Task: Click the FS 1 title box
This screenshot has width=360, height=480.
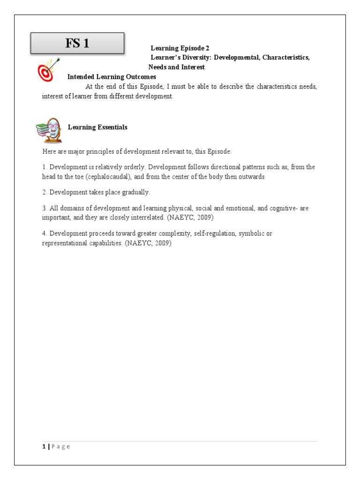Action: click(77, 44)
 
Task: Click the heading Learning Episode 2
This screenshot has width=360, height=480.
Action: click(180, 48)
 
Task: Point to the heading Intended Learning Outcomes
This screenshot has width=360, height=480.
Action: click(112, 76)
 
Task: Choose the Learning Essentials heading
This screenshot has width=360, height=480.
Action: click(97, 127)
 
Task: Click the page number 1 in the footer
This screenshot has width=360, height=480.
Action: click(44, 447)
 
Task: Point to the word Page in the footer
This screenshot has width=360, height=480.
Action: click(60, 447)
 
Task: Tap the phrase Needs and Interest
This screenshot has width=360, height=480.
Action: click(177, 67)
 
